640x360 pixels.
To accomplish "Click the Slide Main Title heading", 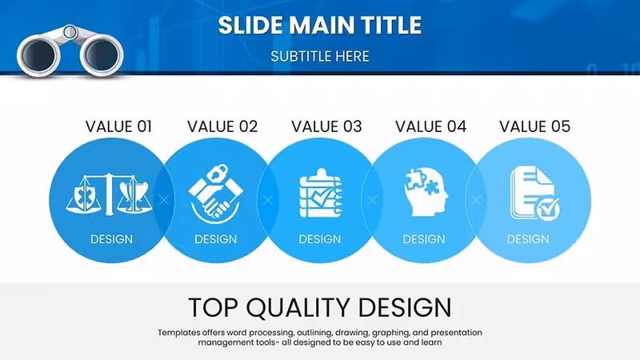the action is tap(319, 25).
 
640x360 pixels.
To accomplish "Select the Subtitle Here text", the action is tap(319, 56).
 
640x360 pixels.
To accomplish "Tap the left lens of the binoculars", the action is tap(38, 55).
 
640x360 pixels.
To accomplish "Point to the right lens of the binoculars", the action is tap(102, 54).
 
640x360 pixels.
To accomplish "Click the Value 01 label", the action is tap(118, 126).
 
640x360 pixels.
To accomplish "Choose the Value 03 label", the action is tap(326, 126).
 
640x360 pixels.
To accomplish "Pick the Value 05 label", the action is tap(534, 126).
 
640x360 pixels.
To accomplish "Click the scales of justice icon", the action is tap(109, 194).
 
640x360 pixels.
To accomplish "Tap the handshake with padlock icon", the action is tap(215, 194).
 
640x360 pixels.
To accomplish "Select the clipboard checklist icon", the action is tap(321, 193).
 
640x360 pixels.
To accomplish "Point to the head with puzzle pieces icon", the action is tap(426, 192).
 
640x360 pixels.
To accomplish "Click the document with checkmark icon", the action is tap(534, 193).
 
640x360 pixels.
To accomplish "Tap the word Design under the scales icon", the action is tap(111, 239).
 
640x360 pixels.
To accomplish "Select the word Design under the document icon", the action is tap(528, 239).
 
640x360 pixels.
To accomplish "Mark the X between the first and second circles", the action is tap(164, 200).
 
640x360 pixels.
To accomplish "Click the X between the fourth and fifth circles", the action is tap(475, 199).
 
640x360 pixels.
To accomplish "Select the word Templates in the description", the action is tap(179, 333).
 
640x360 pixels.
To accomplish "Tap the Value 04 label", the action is tap(430, 126).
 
